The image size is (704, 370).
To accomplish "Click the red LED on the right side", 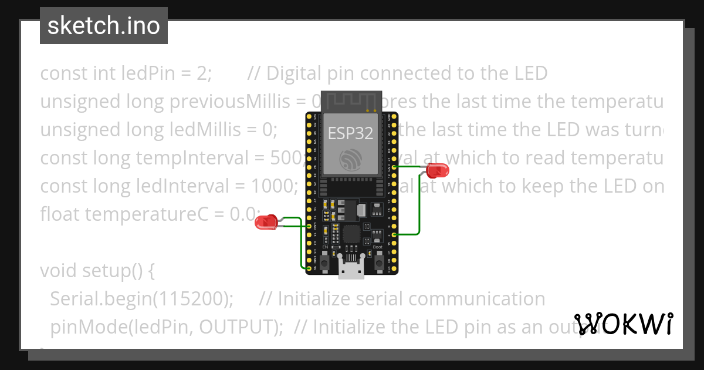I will pyautogui.click(x=437, y=171).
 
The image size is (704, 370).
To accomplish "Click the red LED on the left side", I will pyautogui.click(x=267, y=222).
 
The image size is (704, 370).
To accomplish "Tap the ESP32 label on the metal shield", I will pyautogui.click(x=350, y=133).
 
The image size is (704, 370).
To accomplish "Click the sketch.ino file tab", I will pyautogui.click(x=104, y=26).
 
